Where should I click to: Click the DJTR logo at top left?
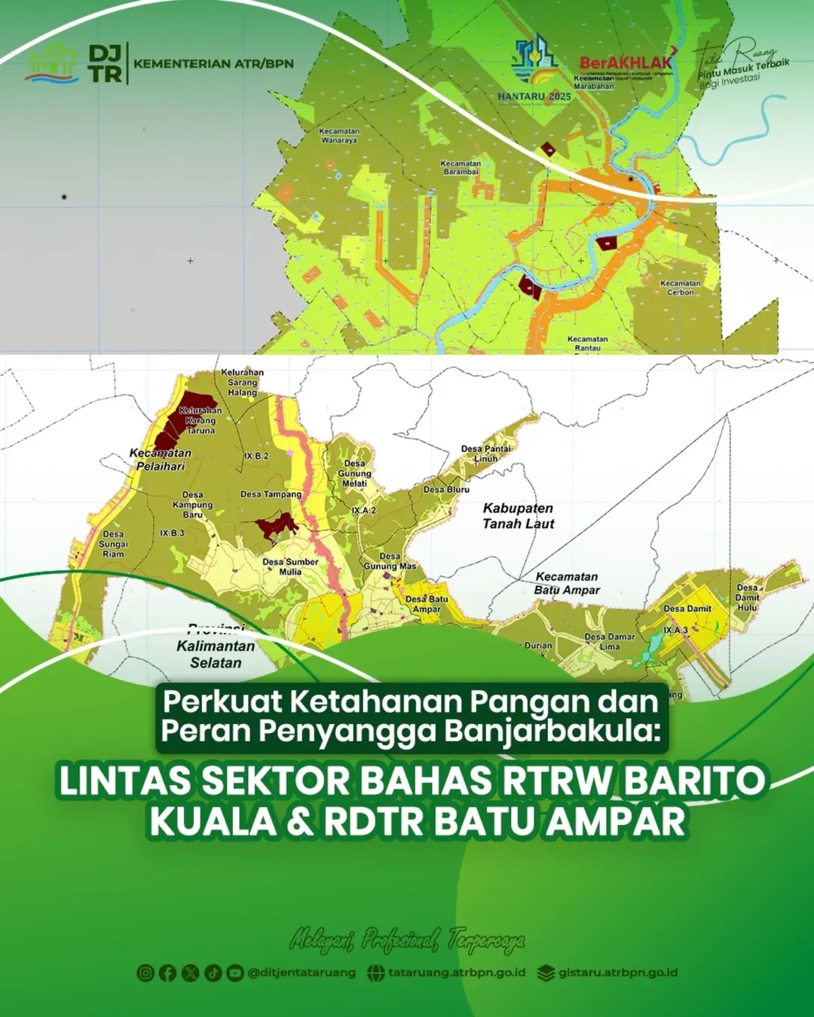click(105, 63)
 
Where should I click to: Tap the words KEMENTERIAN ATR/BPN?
click(213, 64)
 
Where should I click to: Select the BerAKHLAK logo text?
click(626, 63)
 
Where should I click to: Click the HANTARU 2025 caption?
click(534, 96)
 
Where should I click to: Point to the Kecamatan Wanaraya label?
click(339, 136)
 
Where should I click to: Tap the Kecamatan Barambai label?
click(461, 167)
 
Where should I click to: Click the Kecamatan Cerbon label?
click(681, 288)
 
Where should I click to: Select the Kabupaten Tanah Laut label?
click(519, 516)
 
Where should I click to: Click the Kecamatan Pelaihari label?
click(161, 460)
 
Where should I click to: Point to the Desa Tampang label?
click(271, 494)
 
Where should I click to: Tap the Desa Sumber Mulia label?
click(290, 567)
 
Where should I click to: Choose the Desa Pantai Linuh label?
click(486, 454)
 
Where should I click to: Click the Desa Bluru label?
click(446, 490)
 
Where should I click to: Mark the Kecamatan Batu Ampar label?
click(567, 583)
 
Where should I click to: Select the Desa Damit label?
click(687, 609)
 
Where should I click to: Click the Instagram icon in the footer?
click(145, 973)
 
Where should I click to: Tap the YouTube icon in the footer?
click(235, 973)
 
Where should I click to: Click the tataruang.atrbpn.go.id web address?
click(457, 973)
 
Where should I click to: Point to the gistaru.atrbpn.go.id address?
click(617, 973)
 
